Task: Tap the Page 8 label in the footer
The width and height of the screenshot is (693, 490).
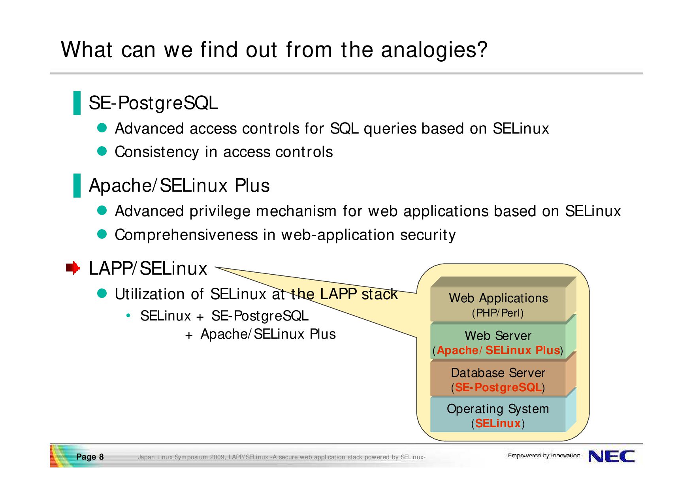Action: pyautogui.click(x=90, y=457)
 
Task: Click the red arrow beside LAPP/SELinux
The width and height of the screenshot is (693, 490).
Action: pyautogui.click(x=73, y=268)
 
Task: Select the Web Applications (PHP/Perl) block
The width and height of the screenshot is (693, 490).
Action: pyautogui.click(x=498, y=304)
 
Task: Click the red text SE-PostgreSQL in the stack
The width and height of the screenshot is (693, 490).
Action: pyautogui.click(x=498, y=387)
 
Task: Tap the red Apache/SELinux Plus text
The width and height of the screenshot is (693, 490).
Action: pyautogui.click(x=498, y=350)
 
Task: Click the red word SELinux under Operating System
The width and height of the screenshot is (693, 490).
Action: pyautogui.click(x=498, y=423)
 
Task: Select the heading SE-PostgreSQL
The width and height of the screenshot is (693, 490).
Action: pyautogui.click(x=153, y=103)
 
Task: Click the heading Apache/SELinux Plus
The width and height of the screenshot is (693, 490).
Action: pyautogui.click(x=179, y=186)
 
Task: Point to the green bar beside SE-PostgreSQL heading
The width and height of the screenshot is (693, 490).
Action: pyautogui.click(x=77, y=103)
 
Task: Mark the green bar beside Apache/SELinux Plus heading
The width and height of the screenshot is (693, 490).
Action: pyautogui.click(x=77, y=185)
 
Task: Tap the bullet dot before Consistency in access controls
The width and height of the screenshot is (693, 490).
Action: pyautogui.click(x=102, y=151)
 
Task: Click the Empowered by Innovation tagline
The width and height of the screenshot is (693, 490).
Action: pyautogui.click(x=544, y=456)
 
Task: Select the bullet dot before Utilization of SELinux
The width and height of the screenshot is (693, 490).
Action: pyautogui.click(x=102, y=293)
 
